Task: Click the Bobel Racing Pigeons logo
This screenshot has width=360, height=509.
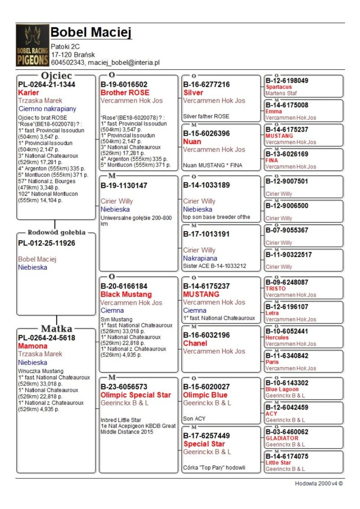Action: pos(32,45)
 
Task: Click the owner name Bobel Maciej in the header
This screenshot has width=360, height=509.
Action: pos(91,32)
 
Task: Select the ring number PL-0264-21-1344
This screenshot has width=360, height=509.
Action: pos(46,85)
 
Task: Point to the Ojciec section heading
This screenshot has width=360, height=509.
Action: pos(56,76)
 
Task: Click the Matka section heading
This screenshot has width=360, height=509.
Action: pos(57,329)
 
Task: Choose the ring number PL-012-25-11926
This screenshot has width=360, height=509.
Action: pos(46,243)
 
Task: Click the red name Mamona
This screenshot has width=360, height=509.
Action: pos(32,346)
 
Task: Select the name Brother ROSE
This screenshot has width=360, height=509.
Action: pos(125,93)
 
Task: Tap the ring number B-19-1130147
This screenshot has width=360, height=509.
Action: pos(124,185)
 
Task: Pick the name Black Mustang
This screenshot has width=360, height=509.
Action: pos(126,294)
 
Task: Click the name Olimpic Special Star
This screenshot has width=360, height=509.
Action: pos(135,395)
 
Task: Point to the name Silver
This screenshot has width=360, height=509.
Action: pos(193,93)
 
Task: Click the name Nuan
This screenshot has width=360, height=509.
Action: pos(192,141)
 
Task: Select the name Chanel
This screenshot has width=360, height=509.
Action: pos(195,343)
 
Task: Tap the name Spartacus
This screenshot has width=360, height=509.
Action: pos(279,87)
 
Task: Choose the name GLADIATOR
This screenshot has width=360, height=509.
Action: pos(282,438)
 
